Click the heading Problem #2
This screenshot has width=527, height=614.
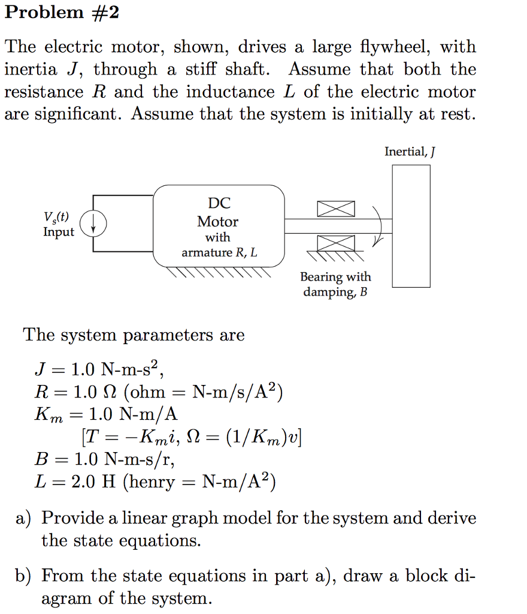[x=62, y=13]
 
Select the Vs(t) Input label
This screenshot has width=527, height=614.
[x=57, y=225]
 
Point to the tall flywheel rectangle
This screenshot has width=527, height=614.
[x=411, y=225]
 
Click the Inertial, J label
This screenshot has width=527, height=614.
[x=410, y=152]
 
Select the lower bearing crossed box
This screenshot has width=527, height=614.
[x=335, y=243]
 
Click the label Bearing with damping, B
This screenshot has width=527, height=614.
[x=335, y=284]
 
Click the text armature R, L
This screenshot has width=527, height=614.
[x=219, y=252]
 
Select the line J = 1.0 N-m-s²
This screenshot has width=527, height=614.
[x=99, y=370]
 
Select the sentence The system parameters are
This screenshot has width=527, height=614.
[x=134, y=335]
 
